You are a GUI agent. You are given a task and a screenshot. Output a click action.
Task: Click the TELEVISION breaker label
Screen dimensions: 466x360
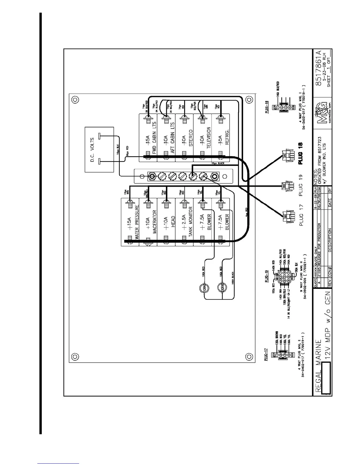(x=209, y=139)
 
